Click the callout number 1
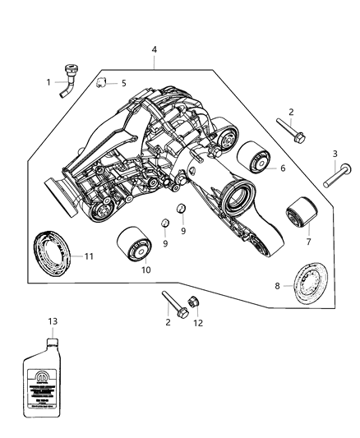point(48,82)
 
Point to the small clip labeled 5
point(101,82)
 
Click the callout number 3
point(335,154)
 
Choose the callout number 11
point(90,256)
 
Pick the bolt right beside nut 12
point(170,299)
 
